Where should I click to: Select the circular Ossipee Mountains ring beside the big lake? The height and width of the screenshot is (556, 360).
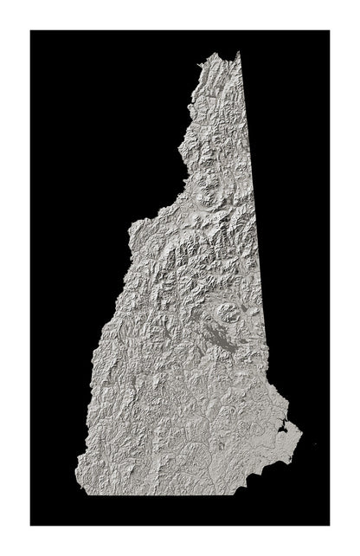230,314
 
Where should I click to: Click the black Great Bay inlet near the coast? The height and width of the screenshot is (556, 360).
282,427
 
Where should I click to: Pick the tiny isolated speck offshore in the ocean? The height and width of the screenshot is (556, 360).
315,445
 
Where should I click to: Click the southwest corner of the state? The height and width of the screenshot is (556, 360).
79,493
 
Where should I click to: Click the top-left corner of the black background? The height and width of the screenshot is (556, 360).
31,31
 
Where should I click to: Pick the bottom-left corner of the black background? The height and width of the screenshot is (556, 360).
31,524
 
